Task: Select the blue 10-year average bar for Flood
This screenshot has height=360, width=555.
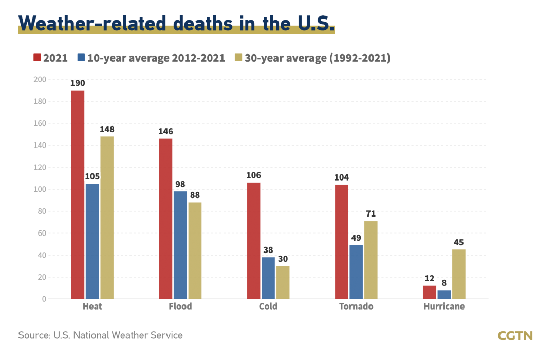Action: [x=180, y=245]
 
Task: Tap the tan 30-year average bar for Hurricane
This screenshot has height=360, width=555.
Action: [x=459, y=274]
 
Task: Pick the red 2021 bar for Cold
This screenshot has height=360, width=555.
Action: [x=253, y=241]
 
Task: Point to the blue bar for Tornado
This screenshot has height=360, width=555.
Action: [x=356, y=272]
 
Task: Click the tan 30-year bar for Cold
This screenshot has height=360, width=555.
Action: [x=283, y=282]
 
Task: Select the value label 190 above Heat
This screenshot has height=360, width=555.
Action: [x=78, y=83]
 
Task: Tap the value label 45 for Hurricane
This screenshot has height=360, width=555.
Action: [x=459, y=242]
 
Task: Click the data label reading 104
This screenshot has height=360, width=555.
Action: [x=341, y=177]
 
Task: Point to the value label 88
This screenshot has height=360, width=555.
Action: [x=195, y=195]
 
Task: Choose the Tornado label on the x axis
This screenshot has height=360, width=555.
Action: [x=356, y=307]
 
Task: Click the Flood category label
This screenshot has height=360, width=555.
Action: [x=180, y=307]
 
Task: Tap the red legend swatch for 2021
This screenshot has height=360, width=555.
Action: [x=36, y=58]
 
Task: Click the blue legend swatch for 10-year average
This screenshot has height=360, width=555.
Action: [x=81, y=58]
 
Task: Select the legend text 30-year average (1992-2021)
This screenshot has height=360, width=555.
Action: [x=317, y=58]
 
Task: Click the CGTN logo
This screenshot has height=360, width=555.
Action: [x=515, y=336]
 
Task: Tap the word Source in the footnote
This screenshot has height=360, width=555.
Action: [x=34, y=335]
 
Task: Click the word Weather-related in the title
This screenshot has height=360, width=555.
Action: [x=92, y=23]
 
